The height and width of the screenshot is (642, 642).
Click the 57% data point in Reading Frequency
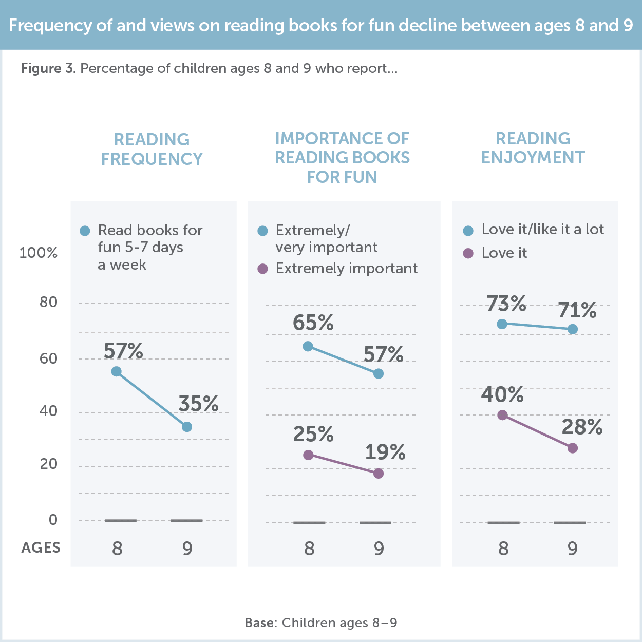pos(117,371)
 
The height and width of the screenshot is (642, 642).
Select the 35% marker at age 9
pos(187,427)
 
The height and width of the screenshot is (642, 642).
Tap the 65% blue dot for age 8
pos(308,346)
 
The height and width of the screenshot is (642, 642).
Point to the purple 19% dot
pos(379,474)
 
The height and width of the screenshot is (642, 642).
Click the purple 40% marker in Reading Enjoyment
pos(502,415)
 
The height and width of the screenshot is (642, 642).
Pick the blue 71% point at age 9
pos(573,329)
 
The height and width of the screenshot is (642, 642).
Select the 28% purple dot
pos(573,448)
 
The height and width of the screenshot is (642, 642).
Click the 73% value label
pos(506,304)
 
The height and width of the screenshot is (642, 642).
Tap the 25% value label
pos(313,435)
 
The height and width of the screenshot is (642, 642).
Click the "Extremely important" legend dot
pos(263,269)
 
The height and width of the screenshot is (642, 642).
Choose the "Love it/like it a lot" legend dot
pos(468,231)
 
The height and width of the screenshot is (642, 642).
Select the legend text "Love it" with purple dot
pos(504,253)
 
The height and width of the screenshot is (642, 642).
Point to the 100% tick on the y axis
pos(39,253)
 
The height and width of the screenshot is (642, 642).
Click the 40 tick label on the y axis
pos(48,411)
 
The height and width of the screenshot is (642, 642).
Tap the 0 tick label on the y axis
pos(53,520)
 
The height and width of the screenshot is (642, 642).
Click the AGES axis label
pos(41,548)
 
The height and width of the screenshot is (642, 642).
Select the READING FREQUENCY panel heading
pos(152,149)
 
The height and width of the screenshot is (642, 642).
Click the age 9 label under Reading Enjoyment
pos(573,549)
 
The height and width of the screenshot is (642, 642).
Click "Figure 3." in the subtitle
pos(48,68)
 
